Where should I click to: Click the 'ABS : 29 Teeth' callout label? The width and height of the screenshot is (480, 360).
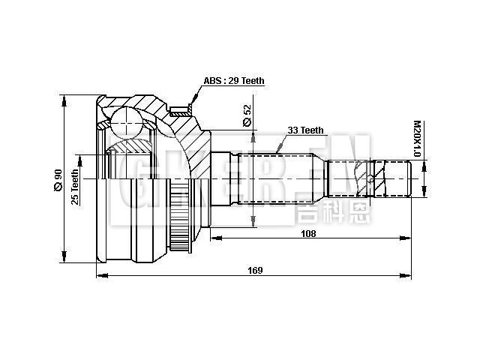tap(234, 81)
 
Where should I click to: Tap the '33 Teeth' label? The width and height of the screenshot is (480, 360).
tap(304, 130)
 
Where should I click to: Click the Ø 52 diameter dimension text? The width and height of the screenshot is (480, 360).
tap(247, 115)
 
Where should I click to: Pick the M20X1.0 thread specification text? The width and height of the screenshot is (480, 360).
tap(417, 139)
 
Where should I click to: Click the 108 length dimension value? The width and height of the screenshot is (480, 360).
tap(307, 233)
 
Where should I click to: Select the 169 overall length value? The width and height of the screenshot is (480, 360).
tap(255, 271)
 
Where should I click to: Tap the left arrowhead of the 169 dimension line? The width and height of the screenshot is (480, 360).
tap(100, 277)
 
